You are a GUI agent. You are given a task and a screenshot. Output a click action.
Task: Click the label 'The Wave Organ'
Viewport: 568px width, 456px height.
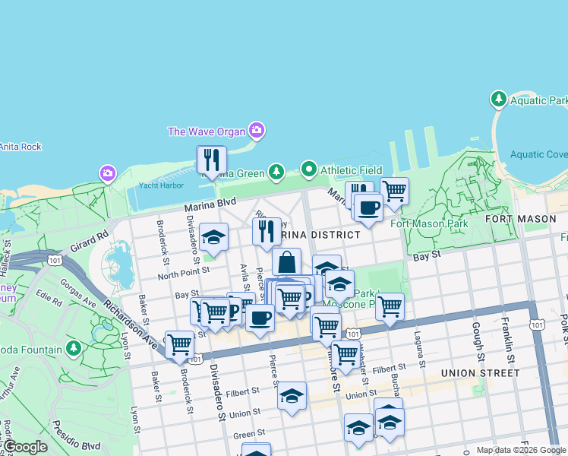tap(207, 131)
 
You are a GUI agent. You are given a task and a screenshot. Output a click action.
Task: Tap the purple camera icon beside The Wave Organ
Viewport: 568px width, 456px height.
tap(257, 131)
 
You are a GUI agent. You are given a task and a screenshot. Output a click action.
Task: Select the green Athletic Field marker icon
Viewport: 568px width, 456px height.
tap(308, 169)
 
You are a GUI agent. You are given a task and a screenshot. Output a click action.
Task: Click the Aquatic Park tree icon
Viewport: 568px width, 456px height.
tap(499, 100)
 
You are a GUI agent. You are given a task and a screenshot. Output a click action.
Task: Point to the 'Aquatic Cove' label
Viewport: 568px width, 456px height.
tap(539, 154)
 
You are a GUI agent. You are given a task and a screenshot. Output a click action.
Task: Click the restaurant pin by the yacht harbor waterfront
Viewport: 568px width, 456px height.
tap(211, 160)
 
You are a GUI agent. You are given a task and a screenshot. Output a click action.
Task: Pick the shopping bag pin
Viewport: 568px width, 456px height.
tap(286, 262)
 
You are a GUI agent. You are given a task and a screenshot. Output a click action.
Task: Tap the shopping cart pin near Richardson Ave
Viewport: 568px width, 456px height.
tap(179, 344)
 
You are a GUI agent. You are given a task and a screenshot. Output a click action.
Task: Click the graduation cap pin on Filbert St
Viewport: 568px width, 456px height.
tap(292, 396)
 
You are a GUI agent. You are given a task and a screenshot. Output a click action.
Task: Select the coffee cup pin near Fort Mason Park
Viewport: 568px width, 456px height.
tap(368, 207)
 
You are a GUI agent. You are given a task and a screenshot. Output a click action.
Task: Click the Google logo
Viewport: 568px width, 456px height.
tap(25, 447)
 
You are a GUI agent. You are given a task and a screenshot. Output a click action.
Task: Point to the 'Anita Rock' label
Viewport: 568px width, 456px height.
tap(21, 147)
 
